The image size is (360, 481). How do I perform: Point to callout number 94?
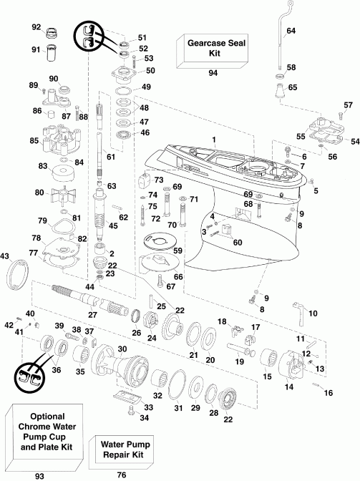coord(212,73)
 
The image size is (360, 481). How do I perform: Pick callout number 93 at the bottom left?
coord(48,473)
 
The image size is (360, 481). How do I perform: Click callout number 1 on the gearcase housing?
coord(213,138)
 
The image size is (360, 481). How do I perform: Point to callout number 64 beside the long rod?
coord(291,31)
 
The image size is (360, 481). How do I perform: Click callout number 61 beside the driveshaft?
coord(110,157)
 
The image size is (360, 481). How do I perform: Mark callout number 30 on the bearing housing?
coord(122,349)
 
